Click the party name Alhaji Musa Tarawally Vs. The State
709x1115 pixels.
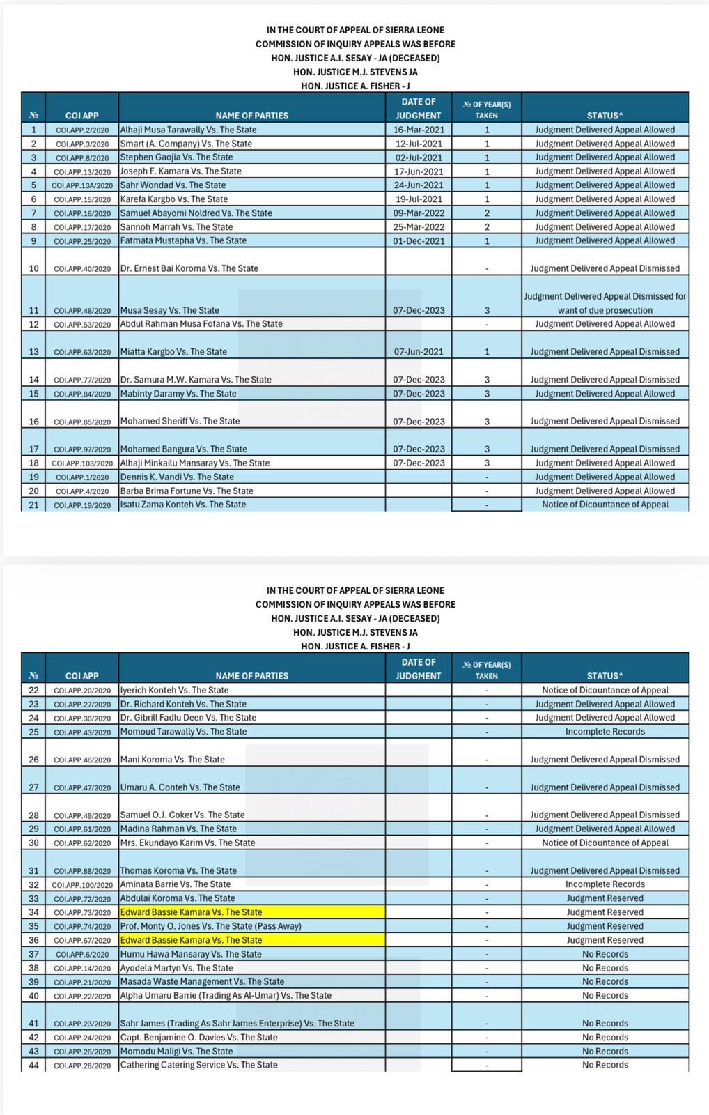tap(188, 130)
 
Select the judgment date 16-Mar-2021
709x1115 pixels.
tap(418, 130)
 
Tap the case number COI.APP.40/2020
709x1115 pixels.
tap(82, 269)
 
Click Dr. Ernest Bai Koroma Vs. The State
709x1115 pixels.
tap(189, 268)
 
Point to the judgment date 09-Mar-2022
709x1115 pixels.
tap(418, 213)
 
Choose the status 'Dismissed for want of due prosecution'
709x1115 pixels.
tap(605, 303)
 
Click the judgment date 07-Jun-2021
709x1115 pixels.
tap(418, 352)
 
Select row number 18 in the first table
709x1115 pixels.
tap(33, 463)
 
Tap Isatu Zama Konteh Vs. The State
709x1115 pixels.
tap(182, 505)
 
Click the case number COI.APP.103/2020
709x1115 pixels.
tap(82, 463)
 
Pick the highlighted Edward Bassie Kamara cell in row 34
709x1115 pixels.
tap(251, 912)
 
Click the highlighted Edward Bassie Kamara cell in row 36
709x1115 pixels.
tap(251, 940)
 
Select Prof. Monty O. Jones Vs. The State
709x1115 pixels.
tap(210, 926)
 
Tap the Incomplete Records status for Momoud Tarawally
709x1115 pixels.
tap(605, 732)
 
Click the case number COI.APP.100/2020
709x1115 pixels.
tap(82, 885)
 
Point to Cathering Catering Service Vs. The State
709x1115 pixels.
tap(198, 1065)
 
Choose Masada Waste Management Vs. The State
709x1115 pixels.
tap(202, 981)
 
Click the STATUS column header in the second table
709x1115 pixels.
tap(605, 676)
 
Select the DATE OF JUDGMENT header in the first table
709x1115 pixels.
tap(418, 109)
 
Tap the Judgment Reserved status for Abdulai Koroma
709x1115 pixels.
tap(605, 898)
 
